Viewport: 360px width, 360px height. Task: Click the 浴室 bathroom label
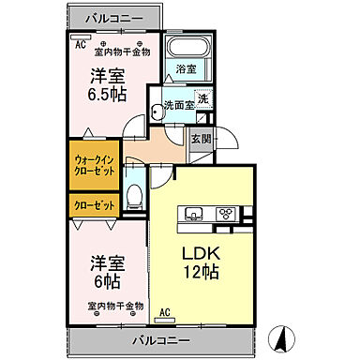tap(186, 69)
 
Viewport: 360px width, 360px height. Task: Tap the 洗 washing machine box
tap(203, 99)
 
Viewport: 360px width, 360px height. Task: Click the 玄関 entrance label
tap(200, 138)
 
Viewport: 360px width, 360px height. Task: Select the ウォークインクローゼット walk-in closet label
tap(92, 166)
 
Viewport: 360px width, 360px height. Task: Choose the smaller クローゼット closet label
tap(92, 204)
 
